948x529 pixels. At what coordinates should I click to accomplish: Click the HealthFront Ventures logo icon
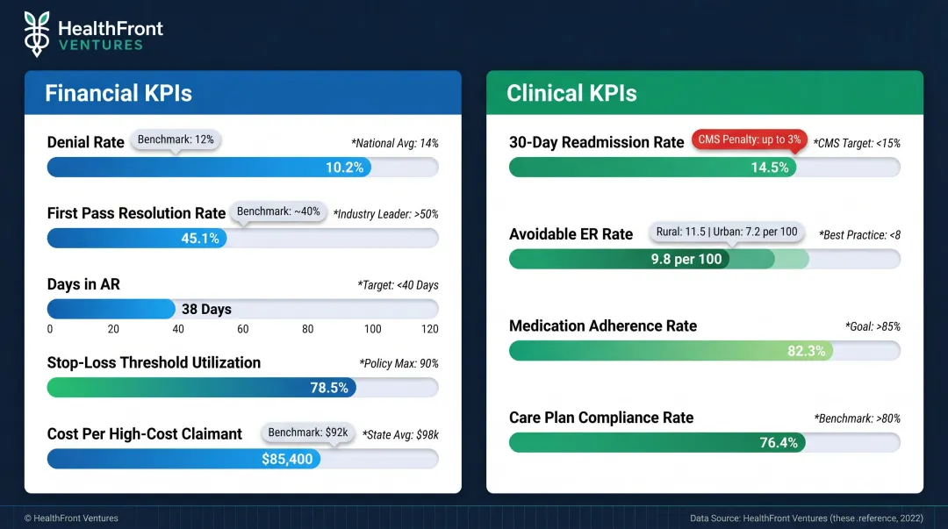[36, 32]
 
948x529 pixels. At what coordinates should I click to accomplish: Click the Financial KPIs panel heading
[118, 93]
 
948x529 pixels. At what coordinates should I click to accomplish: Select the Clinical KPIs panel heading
[571, 93]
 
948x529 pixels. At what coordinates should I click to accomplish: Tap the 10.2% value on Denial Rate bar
[344, 168]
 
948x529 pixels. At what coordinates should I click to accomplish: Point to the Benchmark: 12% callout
[176, 139]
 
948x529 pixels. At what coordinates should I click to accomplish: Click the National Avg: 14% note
[394, 143]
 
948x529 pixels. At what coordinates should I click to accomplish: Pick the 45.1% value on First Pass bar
[200, 238]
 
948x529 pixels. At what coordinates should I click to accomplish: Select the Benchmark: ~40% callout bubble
[278, 211]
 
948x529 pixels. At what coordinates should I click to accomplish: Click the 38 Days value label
[206, 309]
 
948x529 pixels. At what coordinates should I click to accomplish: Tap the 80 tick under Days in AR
[307, 329]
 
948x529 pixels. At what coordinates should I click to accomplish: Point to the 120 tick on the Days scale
[429, 329]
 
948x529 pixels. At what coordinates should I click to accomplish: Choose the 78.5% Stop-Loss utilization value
[329, 388]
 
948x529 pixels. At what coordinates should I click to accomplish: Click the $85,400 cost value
[287, 459]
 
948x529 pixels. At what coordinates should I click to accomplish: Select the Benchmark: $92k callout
[307, 432]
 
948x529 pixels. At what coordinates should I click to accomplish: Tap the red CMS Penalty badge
[749, 139]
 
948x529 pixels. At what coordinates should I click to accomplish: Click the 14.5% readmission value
[770, 168]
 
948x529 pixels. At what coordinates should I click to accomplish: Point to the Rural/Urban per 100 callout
[727, 232]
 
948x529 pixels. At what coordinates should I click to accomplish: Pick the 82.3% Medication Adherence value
[807, 351]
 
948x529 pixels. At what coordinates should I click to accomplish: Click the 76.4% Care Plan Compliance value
[779, 443]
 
